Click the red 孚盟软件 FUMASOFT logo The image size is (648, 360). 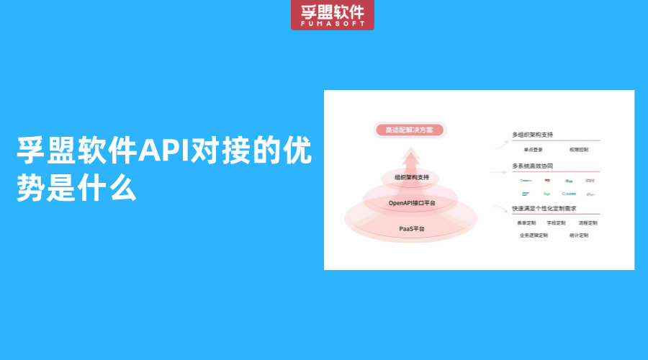pyautogui.click(x=332, y=14)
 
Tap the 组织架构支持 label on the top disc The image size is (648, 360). pyautogui.click(x=412, y=178)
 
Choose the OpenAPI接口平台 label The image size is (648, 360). pyautogui.click(x=412, y=203)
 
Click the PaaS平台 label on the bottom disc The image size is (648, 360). pyautogui.click(x=412, y=228)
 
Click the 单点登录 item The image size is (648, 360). pyautogui.click(x=534, y=150)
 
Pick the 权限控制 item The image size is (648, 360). pyautogui.click(x=578, y=150)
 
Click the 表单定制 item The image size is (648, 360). pyautogui.click(x=527, y=223)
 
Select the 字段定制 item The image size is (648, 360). pyautogui.click(x=557, y=223)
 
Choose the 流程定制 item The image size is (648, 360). pyautogui.click(x=588, y=223)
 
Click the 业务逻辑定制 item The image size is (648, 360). pyautogui.click(x=534, y=235)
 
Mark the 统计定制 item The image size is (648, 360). pyautogui.click(x=579, y=235)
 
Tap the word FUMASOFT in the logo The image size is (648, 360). pyautogui.click(x=332, y=24)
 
